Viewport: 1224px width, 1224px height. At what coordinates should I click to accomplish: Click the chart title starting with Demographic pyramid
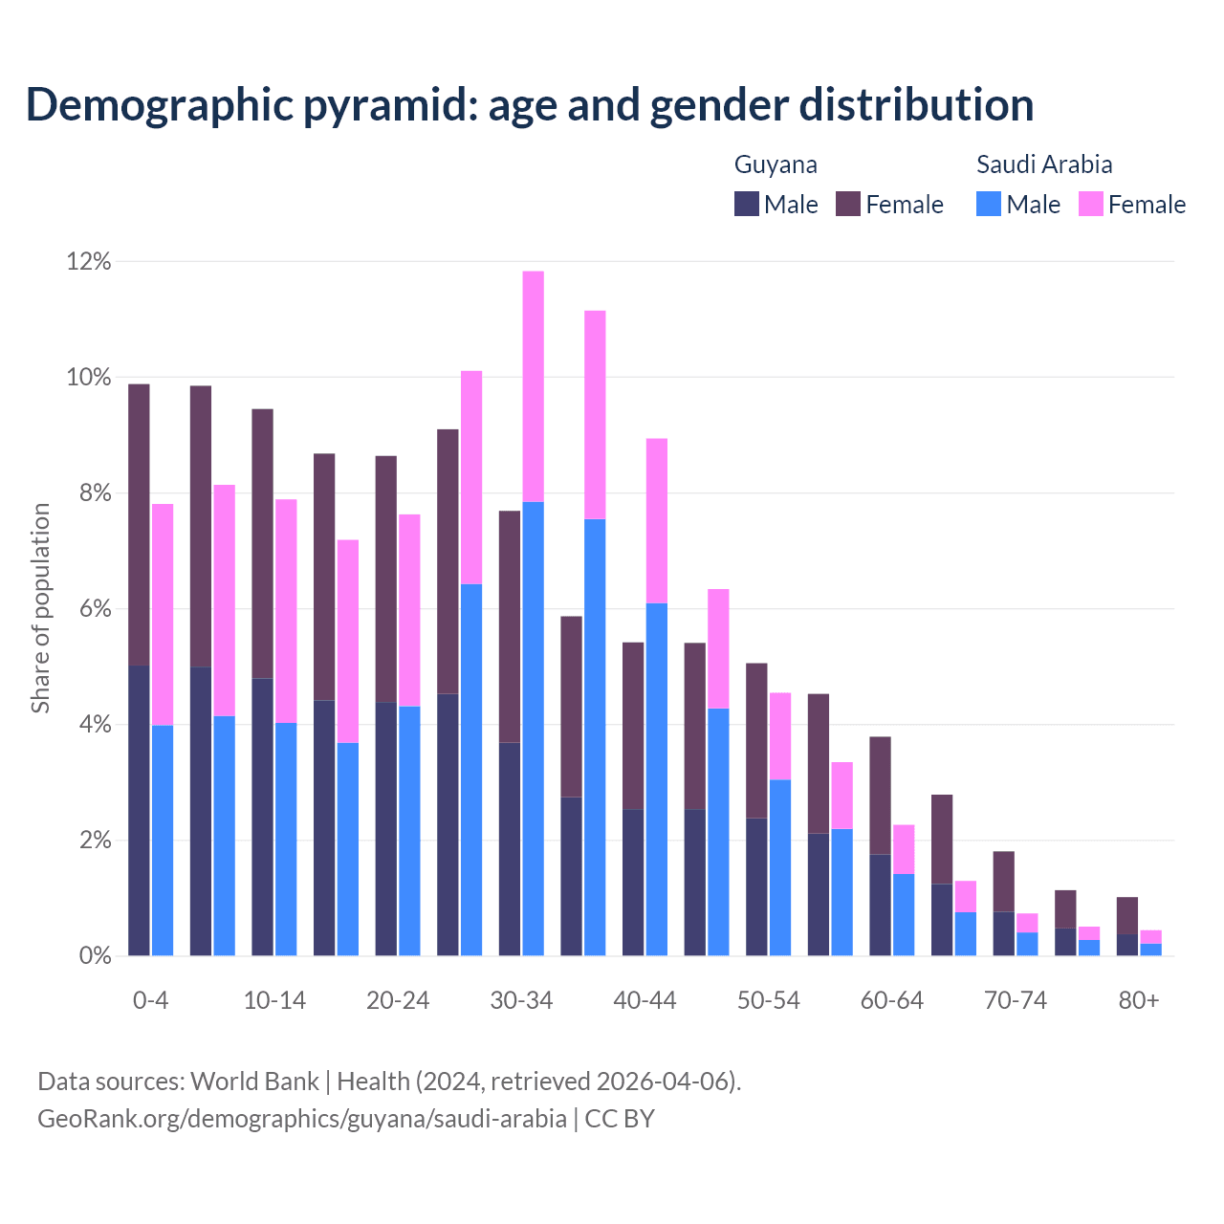point(529,105)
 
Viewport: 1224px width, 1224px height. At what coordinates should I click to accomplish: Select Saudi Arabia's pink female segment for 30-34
point(533,386)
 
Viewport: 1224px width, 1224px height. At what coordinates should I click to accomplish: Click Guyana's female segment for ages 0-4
point(139,524)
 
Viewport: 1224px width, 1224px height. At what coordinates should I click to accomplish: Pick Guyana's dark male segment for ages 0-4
point(139,810)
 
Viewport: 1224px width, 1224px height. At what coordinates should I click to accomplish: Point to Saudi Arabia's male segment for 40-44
point(657,779)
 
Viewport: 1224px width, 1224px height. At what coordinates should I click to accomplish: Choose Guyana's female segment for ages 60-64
point(880,796)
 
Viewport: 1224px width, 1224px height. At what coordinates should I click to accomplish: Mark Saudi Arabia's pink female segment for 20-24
point(409,610)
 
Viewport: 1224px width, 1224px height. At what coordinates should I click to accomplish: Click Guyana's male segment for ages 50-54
point(756,886)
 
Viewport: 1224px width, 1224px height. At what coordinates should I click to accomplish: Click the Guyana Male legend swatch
point(747,205)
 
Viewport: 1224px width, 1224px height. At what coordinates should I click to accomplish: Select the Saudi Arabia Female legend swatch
point(1091,205)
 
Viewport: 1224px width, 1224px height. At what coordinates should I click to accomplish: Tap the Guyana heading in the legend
point(776,164)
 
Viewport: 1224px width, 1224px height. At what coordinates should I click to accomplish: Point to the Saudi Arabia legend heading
point(1044,164)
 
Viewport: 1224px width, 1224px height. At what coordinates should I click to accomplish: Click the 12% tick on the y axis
point(88,261)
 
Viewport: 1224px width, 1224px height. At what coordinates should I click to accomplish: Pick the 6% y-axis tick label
point(94,609)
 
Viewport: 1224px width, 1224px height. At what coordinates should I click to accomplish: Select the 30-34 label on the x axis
point(521,1001)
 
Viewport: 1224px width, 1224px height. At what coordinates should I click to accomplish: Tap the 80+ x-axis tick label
point(1139,1001)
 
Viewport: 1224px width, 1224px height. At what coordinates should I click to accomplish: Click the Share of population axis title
point(40,608)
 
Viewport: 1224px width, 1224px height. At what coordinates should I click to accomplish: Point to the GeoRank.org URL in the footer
point(302,1119)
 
